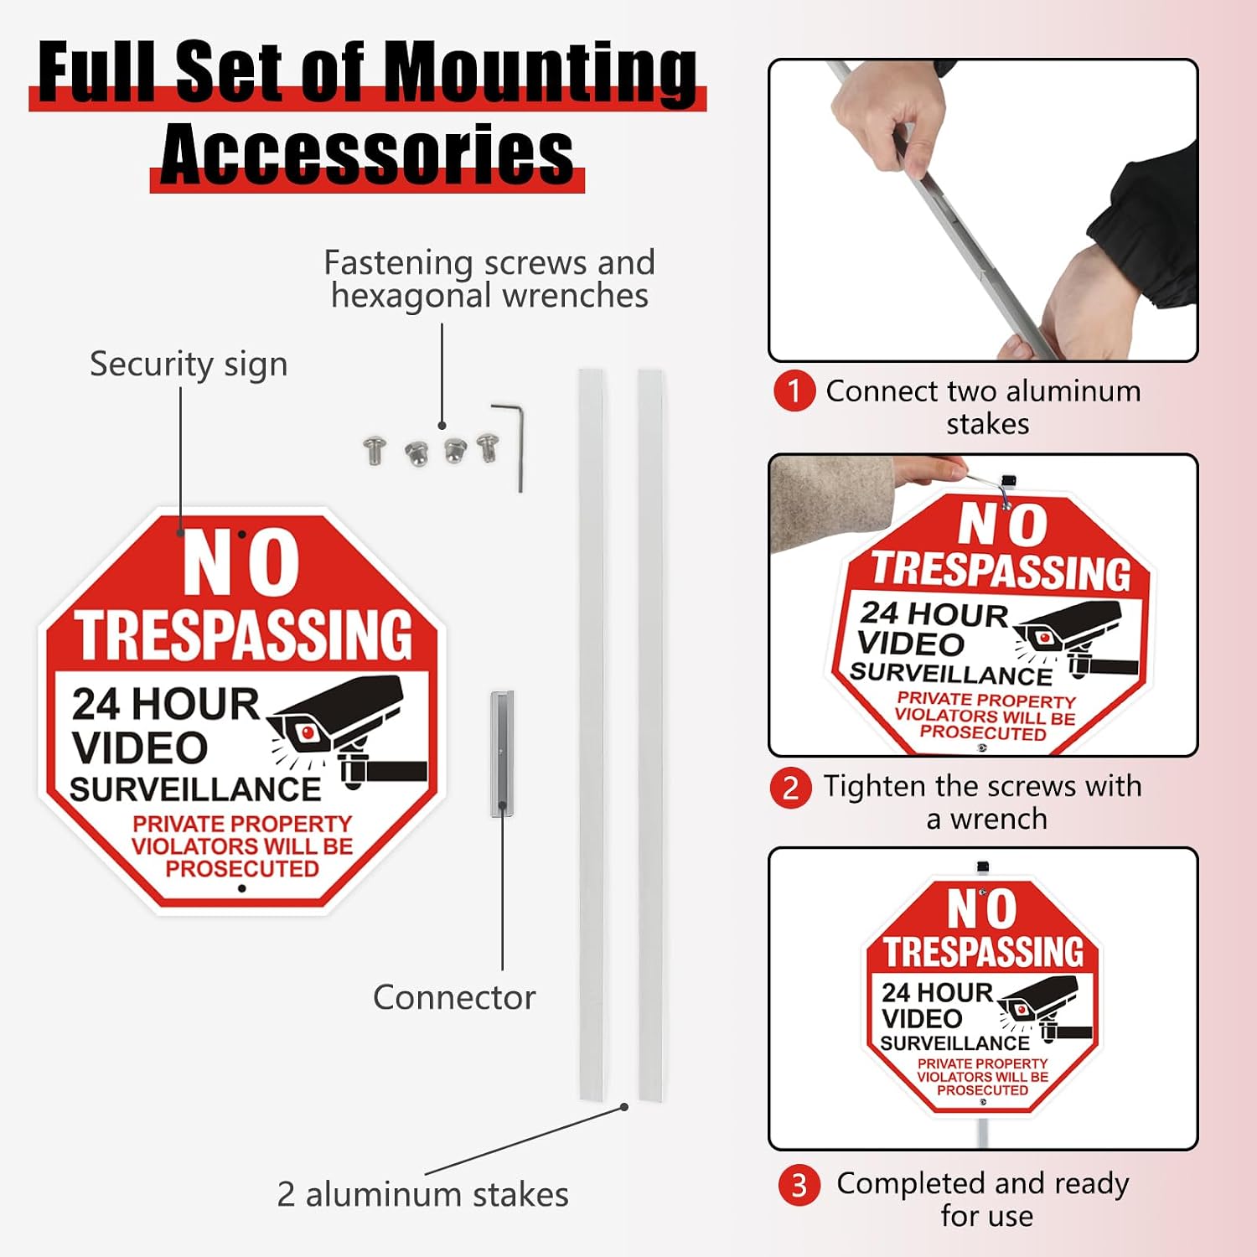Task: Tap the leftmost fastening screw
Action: pos(375,450)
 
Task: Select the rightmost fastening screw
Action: pos(488,447)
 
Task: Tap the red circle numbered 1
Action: pos(794,391)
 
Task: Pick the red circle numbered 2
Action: pos(791,788)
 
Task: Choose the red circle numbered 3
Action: pos(799,1185)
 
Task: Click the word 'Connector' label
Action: pos(454,997)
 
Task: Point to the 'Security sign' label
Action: pos(189,365)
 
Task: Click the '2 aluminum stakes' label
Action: pos(422,1194)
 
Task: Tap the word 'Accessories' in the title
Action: pos(367,153)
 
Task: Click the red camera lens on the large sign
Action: pos(308,733)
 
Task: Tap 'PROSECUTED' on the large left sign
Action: pos(242,869)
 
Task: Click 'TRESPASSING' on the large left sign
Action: pos(245,634)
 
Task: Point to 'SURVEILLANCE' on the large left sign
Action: pos(195,789)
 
